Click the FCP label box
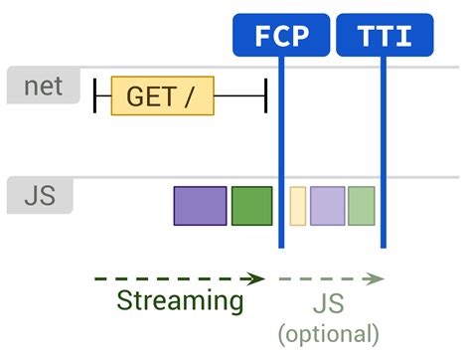[x=281, y=36]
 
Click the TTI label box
[x=386, y=36]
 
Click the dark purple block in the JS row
[x=200, y=205]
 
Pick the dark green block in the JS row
[x=251, y=205]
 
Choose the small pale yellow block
[x=297, y=205]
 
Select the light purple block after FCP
[x=327, y=205]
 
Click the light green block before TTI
[x=361, y=205]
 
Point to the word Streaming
[x=180, y=300]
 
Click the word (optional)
[x=329, y=333]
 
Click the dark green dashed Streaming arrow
[x=179, y=278]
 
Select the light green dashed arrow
[x=331, y=278]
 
